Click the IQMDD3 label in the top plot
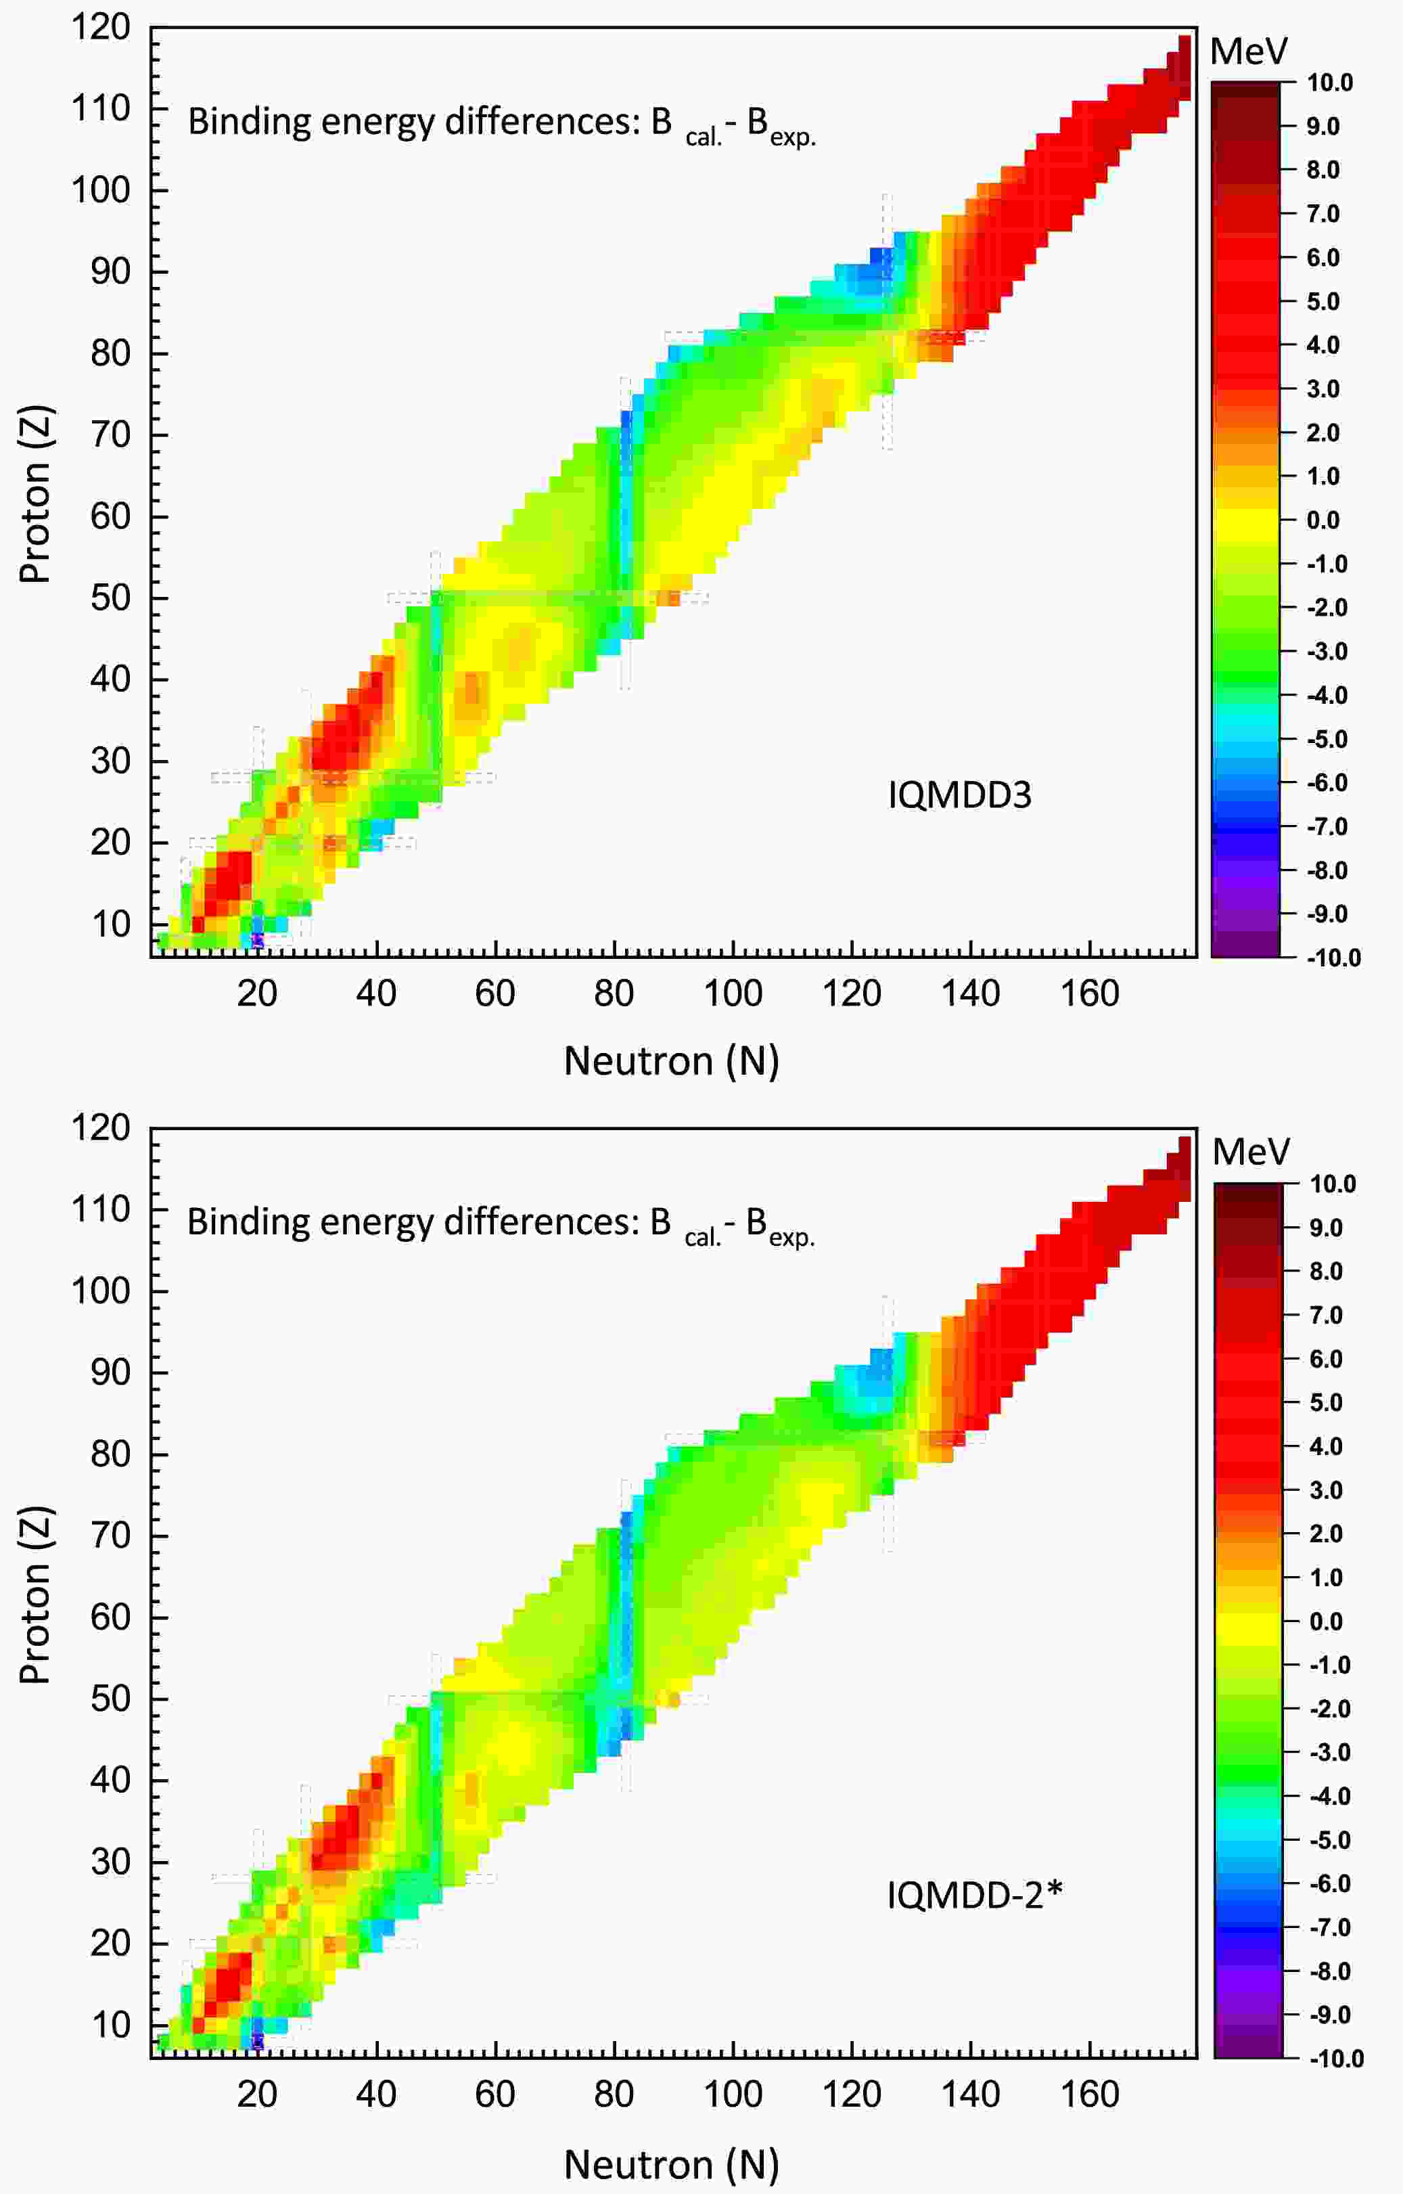pyautogui.click(x=959, y=795)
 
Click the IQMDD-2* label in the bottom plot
pyautogui.click(x=975, y=1895)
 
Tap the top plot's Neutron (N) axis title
pyautogui.click(x=672, y=1061)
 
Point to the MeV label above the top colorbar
pyautogui.click(x=1248, y=52)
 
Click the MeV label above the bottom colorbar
pyautogui.click(x=1250, y=1152)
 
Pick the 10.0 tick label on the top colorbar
pyautogui.click(x=1329, y=83)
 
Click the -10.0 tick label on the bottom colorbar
pyautogui.click(x=1334, y=2058)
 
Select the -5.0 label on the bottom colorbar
pyautogui.click(x=1329, y=1839)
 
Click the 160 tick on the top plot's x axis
pyautogui.click(x=1090, y=994)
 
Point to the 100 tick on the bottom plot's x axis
pyautogui.click(x=733, y=2095)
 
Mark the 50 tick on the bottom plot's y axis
pyautogui.click(x=110, y=1699)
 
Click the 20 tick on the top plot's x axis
pyautogui.click(x=257, y=994)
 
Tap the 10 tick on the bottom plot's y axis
pyautogui.click(x=110, y=2025)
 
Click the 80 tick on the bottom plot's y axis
pyautogui.click(x=110, y=1454)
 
